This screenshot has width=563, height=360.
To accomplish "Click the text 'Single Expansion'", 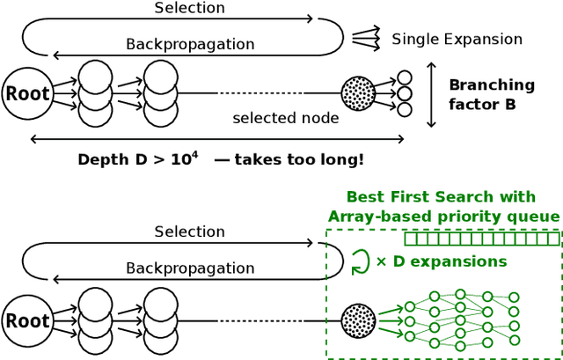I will point(457,39).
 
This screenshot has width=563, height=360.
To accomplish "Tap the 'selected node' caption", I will point(285,118).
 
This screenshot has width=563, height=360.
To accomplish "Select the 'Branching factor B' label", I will point(491,94).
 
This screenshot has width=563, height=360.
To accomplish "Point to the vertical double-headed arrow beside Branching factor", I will point(431,94).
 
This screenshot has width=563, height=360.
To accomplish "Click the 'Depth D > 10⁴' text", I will point(139,160).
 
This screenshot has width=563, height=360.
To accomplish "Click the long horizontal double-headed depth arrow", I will point(216,139).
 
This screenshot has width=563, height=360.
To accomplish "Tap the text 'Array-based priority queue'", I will point(443,217).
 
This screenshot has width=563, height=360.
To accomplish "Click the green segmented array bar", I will point(481,238).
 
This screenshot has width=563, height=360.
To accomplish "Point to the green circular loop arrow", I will point(360,261).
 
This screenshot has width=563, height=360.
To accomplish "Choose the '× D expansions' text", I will point(441,261).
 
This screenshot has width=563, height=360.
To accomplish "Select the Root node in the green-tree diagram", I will point(27,321).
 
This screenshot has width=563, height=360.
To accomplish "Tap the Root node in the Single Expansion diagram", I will point(27,93).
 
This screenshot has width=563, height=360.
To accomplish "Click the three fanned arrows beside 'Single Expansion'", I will point(364,37).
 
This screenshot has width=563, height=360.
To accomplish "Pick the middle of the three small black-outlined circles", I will point(404,93).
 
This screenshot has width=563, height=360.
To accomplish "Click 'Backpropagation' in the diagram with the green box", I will point(189,268).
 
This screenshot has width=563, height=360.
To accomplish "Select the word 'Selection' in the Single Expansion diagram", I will point(189,8).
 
